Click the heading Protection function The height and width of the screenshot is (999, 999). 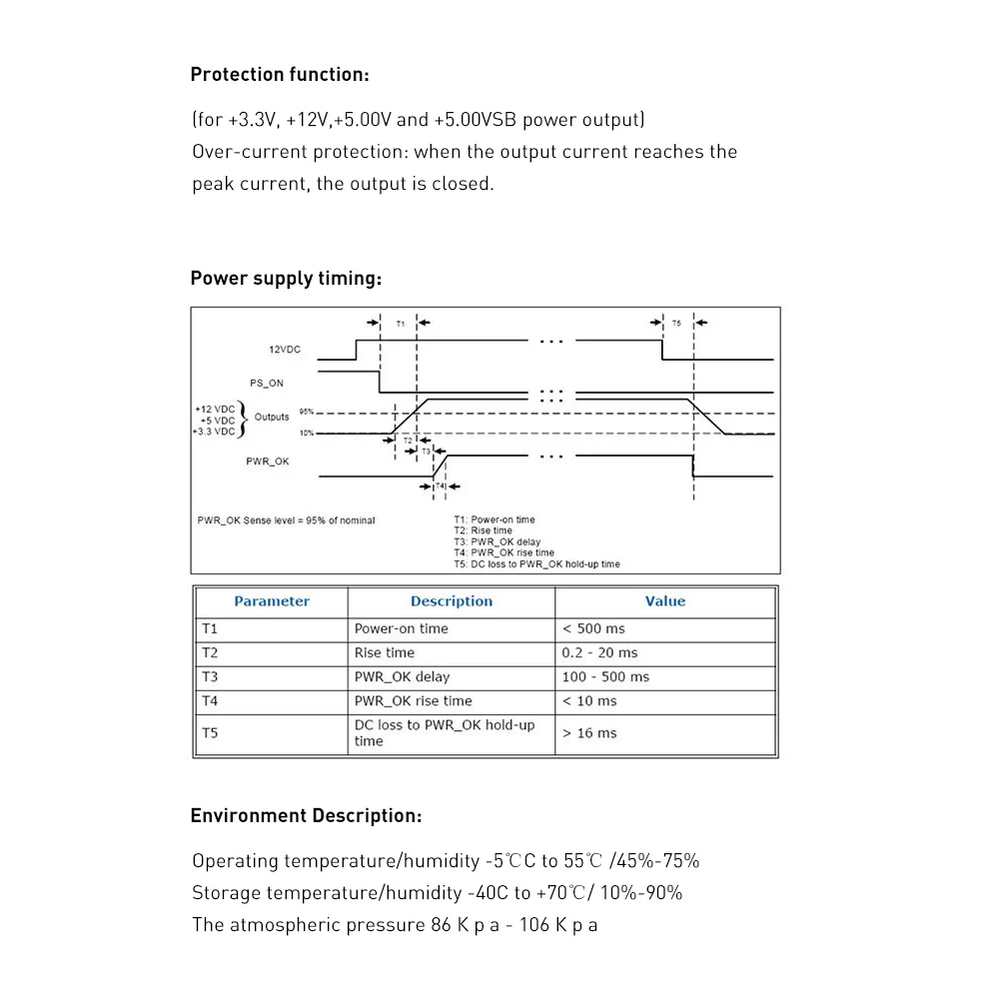click(x=280, y=74)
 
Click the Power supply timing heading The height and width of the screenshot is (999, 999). click(x=286, y=278)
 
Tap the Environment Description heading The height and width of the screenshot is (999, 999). click(x=306, y=816)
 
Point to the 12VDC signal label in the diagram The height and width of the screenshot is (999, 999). click(x=285, y=350)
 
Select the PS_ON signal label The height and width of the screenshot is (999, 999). click(x=267, y=383)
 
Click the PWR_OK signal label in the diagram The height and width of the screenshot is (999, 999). click(x=268, y=462)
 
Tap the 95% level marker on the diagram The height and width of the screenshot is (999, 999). click(x=307, y=412)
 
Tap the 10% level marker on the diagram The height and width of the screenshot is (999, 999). click(x=307, y=433)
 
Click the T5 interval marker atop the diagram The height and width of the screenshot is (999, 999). click(x=676, y=324)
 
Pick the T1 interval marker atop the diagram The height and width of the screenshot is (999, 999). click(x=400, y=324)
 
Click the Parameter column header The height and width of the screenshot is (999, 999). click(x=272, y=601)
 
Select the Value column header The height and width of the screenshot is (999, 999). click(x=665, y=601)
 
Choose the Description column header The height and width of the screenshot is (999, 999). click(x=452, y=601)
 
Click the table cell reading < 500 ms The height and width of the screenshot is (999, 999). click(x=593, y=628)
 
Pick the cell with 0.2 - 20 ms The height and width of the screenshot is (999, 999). click(x=599, y=652)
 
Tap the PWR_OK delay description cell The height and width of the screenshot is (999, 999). click(x=402, y=676)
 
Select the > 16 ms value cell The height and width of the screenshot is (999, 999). click(x=589, y=733)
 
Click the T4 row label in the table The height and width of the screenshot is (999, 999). click(x=210, y=700)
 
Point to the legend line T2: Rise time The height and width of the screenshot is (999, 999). click(x=484, y=530)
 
